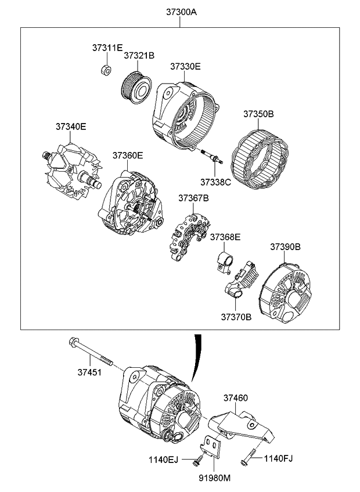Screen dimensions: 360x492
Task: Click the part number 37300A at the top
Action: point(181,12)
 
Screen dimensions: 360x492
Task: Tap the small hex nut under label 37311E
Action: point(106,70)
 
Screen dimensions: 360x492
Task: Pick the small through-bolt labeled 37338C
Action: point(212,156)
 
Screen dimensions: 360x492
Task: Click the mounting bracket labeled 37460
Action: point(242,426)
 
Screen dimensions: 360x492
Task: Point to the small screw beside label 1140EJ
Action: point(197,460)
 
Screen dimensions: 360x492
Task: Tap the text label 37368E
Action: point(225,237)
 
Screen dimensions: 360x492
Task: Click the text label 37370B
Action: point(236,317)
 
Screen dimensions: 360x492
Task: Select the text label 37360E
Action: point(128,155)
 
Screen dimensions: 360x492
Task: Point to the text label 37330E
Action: point(185,67)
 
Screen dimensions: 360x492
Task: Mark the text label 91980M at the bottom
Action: point(215,478)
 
